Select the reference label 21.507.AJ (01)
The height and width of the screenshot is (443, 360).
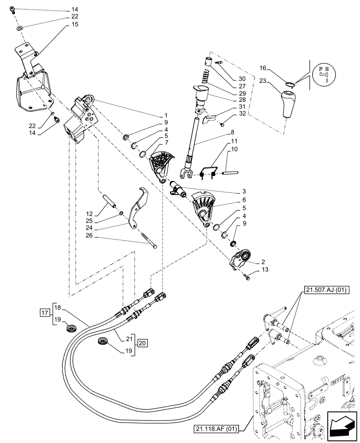(x=327, y=291)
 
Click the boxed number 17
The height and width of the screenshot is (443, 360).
(x=44, y=313)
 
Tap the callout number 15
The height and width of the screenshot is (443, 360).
(x=74, y=24)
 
